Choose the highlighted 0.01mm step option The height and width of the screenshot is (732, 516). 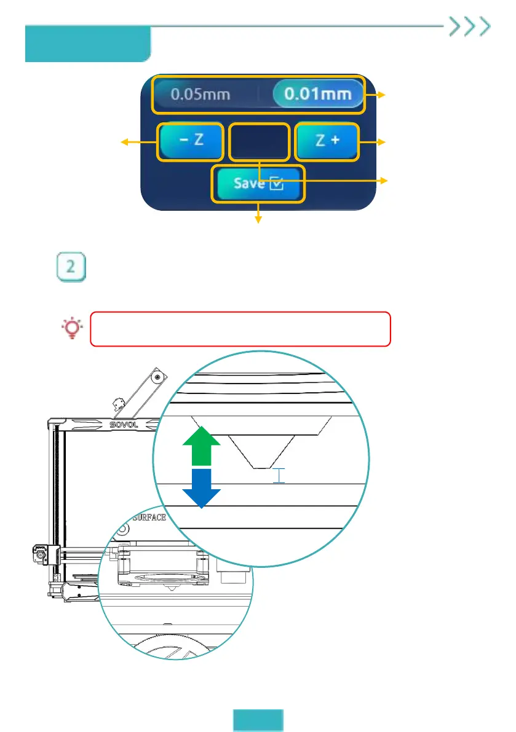click(317, 94)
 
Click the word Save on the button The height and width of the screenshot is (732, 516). click(248, 183)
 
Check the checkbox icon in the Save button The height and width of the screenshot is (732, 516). click(277, 183)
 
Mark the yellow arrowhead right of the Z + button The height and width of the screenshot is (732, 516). click(386, 143)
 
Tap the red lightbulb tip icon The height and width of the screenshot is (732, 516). click(73, 328)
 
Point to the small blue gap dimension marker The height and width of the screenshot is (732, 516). click(280, 475)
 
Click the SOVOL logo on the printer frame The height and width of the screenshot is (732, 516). click(125, 423)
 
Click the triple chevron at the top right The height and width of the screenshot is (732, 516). click(470, 26)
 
